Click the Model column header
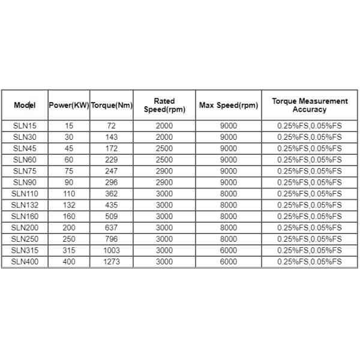25,106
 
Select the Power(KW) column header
68,106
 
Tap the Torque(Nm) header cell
112,106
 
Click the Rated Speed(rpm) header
164,106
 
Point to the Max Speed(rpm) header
229,106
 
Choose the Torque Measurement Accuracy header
309,106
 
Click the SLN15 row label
25,126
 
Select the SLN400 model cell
25,262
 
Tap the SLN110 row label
25,194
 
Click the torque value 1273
112,262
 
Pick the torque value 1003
112,250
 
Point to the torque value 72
112,126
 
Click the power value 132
68,205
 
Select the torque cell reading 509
112,217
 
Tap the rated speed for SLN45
164,149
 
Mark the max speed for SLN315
229,250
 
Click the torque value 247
112,171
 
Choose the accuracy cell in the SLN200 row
309,228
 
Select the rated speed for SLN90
164,182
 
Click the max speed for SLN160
229,217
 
